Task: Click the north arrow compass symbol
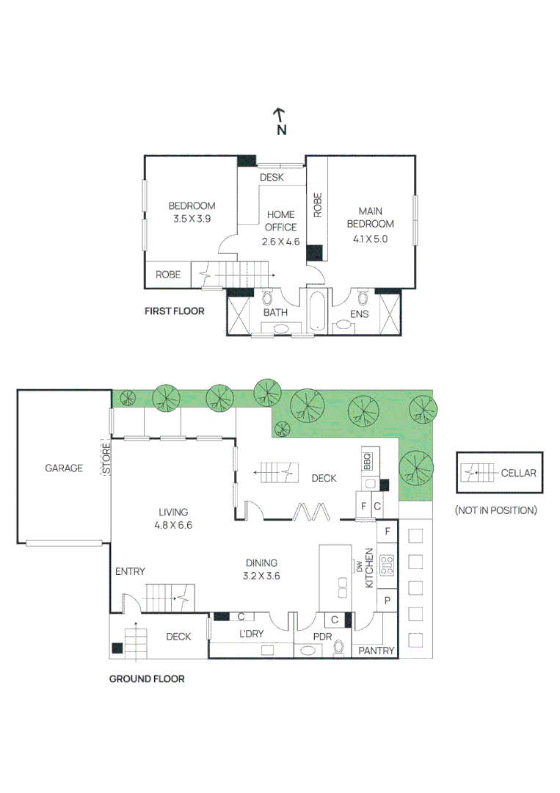pos(280,121)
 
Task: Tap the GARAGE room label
pos(64,468)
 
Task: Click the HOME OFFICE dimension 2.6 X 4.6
pos(280,241)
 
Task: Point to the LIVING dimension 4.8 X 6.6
pos(173,525)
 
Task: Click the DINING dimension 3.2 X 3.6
pos(262,576)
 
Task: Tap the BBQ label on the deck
pos(368,461)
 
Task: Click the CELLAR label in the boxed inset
pos(519,473)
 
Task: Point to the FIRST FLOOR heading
pos(174,311)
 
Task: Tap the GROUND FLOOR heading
pos(147,678)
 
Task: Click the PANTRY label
pos(377,651)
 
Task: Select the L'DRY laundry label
pos(251,634)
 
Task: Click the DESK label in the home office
pos(272,177)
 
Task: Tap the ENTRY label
pos(130,571)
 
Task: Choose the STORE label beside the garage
pos(106,458)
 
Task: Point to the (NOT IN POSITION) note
pos(495,510)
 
